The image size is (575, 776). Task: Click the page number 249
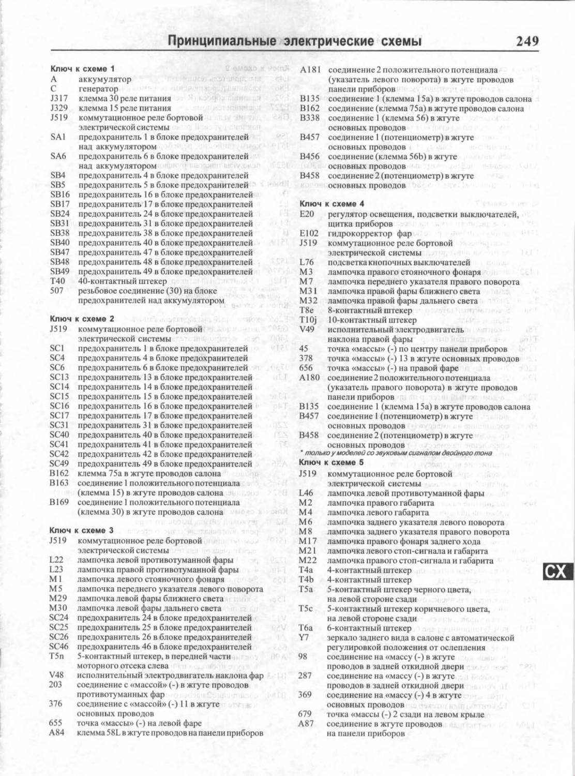[527, 41]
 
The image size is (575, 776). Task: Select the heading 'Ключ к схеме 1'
[82, 69]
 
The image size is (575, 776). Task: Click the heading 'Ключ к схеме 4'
[332, 204]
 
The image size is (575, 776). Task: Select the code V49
[307, 330]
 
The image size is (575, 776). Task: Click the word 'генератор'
[98, 89]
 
